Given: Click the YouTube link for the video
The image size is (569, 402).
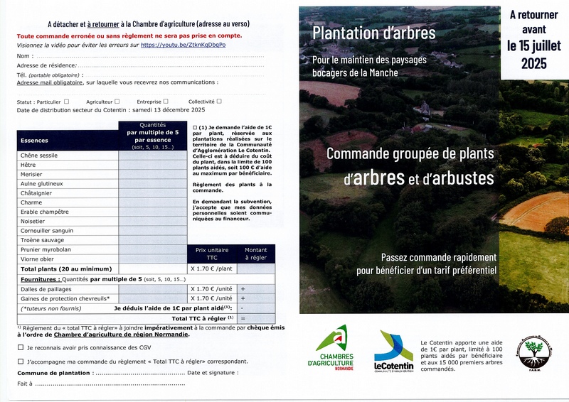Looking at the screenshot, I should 184,45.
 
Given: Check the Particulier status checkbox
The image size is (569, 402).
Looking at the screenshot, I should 67,102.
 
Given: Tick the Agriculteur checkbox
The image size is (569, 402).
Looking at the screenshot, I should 117,102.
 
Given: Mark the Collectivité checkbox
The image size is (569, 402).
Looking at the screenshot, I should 219,102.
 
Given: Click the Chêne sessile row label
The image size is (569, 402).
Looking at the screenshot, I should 40,156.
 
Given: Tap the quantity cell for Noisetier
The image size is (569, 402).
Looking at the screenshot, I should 152,222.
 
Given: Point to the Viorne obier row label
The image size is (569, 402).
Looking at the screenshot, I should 38,259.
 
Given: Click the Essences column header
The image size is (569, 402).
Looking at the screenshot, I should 35,141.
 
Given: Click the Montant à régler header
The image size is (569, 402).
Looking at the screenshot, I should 256,254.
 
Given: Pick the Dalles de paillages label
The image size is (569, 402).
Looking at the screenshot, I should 47,289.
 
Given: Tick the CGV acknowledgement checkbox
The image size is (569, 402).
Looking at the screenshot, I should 20,348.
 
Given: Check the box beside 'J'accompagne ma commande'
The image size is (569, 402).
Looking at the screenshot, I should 20,362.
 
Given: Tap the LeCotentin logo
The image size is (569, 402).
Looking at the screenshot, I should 393,349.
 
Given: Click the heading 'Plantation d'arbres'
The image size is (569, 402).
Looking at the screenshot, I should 373,32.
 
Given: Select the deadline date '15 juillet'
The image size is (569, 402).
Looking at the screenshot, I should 534,46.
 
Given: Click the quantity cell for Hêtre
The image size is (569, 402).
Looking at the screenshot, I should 152,165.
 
